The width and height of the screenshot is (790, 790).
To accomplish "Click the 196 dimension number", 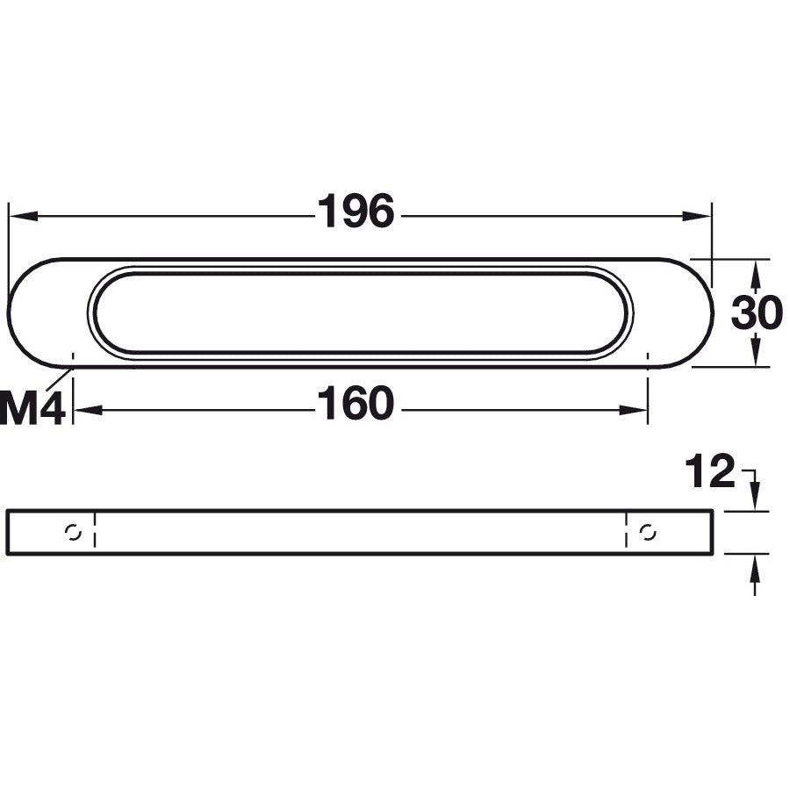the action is pyautogui.click(x=355, y=212).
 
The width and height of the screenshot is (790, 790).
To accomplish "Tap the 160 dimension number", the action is pyautogui.click(x=355, y=403).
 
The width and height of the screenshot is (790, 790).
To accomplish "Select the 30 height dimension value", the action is pyautogui.click(x=757, y=312).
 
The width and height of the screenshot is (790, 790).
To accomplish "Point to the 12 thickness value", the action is pyautogui.click(x=710, y=471).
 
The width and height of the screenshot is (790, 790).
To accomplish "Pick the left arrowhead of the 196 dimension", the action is pyautogui.click(x=24, y=217).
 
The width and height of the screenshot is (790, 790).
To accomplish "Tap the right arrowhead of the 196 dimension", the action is pyautogui.click(x=696, y=217).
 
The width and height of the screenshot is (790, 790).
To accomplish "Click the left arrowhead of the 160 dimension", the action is pyautogui.click(x=89, y=411).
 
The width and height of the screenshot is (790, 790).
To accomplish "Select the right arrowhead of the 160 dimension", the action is pyautogui.click(x=633, y=411).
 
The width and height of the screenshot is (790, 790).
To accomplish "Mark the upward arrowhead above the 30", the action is pyautogui.click(x=755, y=276).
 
